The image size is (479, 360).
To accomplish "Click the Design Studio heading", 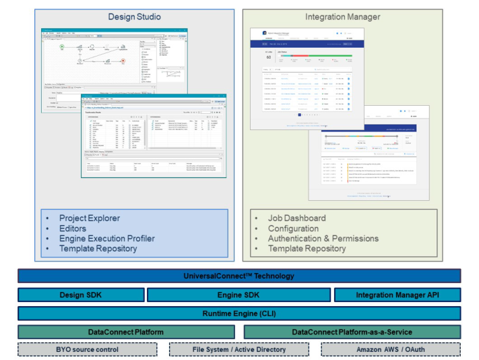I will click(134, 17).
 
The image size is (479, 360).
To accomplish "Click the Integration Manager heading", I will click(342, 17).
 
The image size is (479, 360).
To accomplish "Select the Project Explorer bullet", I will click(89, 218).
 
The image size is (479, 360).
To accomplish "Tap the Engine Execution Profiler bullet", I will click(106, 239).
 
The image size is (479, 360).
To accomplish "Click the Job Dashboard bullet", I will click(296, 218).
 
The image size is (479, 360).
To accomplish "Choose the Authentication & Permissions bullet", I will click(323, 239).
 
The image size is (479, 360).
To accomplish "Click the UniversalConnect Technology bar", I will click(239, 276).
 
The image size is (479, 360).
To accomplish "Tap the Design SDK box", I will click(81, 295).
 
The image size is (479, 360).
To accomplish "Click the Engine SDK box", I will click(238, 295).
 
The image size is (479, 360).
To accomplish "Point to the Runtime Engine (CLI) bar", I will click(239, 313).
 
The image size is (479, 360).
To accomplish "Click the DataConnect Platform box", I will click(126, 332).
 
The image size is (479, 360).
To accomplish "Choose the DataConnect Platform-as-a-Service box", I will click(352, 332).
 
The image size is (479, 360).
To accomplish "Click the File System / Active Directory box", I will click(239, 349).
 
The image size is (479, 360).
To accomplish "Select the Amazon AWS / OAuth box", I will click(391, 349).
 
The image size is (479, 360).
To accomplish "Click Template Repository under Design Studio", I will click(98, 249).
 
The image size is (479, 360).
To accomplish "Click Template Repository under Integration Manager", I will click(307, 249).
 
